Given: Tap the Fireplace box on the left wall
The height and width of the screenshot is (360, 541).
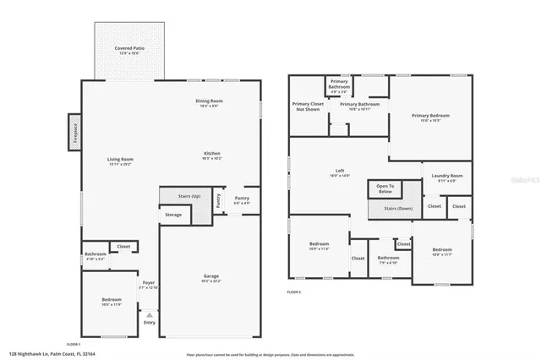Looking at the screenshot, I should point(74,136).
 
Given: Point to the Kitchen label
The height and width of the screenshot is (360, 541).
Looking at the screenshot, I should point(212,155).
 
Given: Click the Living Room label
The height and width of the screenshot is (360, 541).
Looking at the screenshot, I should point(120,161).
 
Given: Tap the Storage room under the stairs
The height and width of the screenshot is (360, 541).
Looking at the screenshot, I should point(173,215).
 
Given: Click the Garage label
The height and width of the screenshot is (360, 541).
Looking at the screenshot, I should point(211,278).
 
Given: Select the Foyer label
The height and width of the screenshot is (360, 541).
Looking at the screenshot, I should point(148,285).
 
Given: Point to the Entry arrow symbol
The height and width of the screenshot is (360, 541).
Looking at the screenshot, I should point(149,314).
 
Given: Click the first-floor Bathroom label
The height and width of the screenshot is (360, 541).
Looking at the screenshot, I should point(95,255).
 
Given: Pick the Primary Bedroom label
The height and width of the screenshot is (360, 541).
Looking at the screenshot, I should point(430,117).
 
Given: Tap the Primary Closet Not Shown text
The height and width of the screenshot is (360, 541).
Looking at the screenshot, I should point(306,106).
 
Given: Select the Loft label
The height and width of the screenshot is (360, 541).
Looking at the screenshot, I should point(339,172).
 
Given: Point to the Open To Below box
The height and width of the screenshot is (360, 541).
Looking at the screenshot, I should point(385,188).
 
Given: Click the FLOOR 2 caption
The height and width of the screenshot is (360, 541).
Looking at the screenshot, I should point(293,292).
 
